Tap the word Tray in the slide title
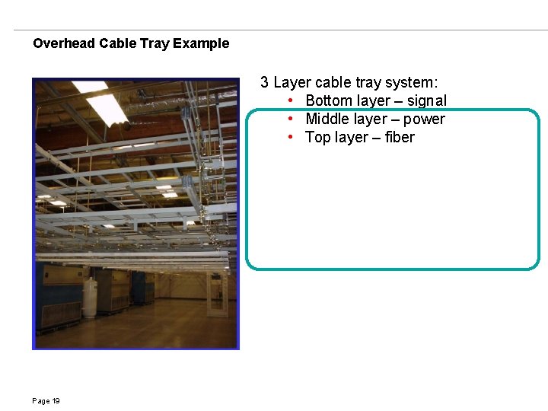click(x=155, y=43)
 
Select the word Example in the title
click(x=201, y=43)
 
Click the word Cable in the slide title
click(x=118, y=43)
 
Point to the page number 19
click(x=56, y=401)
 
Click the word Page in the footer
click(x=40, y=401)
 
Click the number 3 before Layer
click(x=264, y=82)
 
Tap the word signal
click(x=427, y=100)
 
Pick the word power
click(x=424, y=119)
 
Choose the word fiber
click(x=400, y=137)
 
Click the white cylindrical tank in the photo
click(x=91, y=297)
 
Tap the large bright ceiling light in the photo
click(x=105, y=107)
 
